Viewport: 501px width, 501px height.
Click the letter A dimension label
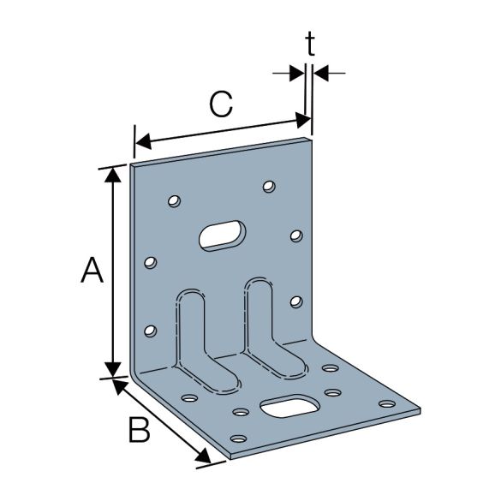[92, 271]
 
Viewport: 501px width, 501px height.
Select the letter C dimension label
[220, 105]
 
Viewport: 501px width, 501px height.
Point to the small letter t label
[310, 45]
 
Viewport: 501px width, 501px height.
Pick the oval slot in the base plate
[289, 405]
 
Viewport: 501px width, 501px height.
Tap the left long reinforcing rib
[194, 338]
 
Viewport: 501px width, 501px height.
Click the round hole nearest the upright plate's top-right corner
[270, 185]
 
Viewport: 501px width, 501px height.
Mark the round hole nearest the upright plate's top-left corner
[173, 202]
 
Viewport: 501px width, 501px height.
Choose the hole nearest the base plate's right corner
[387, 403]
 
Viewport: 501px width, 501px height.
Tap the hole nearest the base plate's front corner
[229, 433]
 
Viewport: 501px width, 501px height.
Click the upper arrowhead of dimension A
[112, 174]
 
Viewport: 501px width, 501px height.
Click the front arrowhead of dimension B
[203, 460]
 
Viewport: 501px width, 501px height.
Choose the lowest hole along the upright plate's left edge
[151, 330]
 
